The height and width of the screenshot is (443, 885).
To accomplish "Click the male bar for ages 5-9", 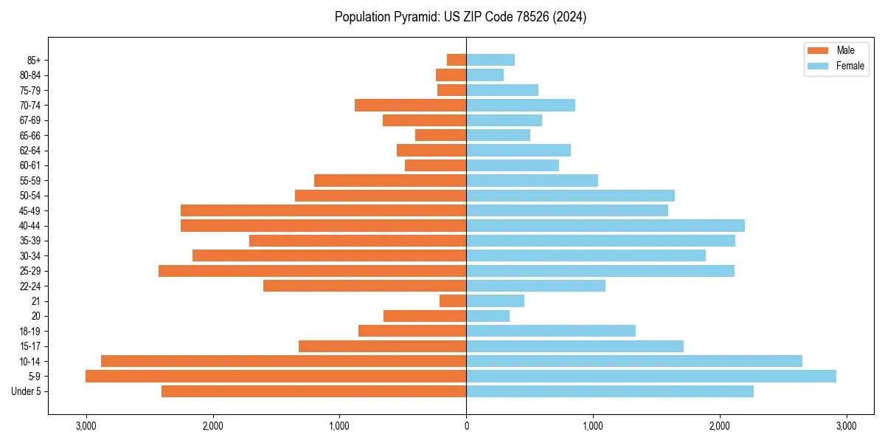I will (x=276, y=377).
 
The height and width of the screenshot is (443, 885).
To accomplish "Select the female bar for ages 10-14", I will (x=634, y=361).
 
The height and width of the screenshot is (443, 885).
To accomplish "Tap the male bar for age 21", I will (x=453, y=301).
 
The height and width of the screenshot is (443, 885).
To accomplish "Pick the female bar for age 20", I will (x=487, y=316).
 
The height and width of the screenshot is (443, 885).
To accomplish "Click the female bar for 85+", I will (x=490, y=60).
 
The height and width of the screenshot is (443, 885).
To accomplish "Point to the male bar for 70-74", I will (x=410, y=106).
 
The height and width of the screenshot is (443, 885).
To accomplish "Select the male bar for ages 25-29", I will (x=312, y=271).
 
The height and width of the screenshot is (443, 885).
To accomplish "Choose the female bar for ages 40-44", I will (x=605, y=226).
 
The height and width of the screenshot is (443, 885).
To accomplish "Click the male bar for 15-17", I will (x=382, y=346).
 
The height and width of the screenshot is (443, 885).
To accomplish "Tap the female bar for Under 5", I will (x=610, y=391).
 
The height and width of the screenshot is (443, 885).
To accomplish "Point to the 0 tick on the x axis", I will (x=466, y=426).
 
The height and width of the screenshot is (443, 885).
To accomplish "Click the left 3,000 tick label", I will (x=86, y=426).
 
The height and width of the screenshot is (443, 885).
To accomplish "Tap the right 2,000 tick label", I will (x=720, y=426).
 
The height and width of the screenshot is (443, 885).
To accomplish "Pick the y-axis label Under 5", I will (x=27, y=391).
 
